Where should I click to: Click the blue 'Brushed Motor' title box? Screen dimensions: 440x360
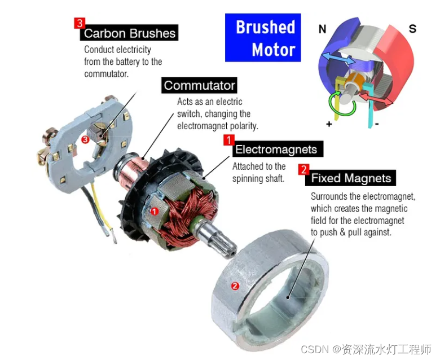(x=263, y=38)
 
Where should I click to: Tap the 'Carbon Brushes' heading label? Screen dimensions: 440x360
(x=130, y=33)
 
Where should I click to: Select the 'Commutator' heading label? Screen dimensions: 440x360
(x=199, y=86)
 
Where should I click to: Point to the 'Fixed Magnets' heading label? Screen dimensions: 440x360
(x=351, y=178)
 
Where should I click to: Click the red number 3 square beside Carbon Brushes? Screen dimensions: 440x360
(x=80, y=23)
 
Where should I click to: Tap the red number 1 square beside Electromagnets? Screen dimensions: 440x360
(x=228, y=139)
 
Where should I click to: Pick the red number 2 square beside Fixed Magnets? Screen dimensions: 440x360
(x=303, y=169)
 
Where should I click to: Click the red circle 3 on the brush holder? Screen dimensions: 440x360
(x=85, y=139)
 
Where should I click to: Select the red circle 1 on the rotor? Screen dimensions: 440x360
(x=155, y=211)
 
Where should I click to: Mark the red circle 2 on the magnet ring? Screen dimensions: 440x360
(x=235, y=286)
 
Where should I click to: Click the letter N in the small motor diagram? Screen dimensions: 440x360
(x=322, y=29)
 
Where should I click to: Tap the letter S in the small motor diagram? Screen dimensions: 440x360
(x=412, y=29)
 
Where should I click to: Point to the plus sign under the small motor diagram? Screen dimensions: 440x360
(x=328, y=124)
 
